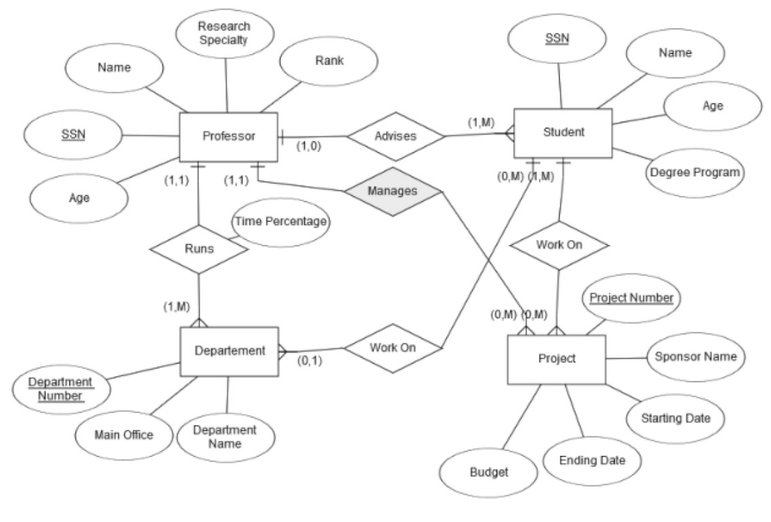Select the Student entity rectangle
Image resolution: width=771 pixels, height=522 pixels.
tap(563, 133)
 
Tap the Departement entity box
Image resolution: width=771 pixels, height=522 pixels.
tap(229, 351)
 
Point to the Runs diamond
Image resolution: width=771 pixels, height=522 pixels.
tap(198, 249)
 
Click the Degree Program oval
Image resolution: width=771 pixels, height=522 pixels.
tap(693, 173)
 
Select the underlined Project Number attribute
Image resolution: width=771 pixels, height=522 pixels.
tap(631, 298)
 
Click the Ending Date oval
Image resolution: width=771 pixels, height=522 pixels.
tap(592, 461)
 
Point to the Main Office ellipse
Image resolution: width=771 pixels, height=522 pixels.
tap(124, 435)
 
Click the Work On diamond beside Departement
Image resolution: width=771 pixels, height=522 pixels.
tap(393, 347)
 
